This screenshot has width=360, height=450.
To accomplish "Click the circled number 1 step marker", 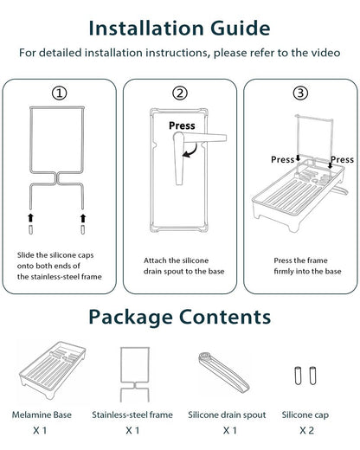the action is [x=59, y=93].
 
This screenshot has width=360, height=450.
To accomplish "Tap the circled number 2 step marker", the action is [x=180, y=93].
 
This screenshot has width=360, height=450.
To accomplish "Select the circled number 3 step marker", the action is [x=300, y=93].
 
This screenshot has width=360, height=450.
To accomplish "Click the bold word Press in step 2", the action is [x=182, y=125].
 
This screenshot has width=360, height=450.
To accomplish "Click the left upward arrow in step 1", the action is [x=30, y=218].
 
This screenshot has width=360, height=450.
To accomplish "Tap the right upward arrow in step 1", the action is [x=83, y=218].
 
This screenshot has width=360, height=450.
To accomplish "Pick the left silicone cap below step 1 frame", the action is [x=30, y=230].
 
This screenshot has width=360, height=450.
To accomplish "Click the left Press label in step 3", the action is [x=282, y=159].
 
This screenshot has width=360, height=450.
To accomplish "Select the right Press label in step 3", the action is [x=342, y=159].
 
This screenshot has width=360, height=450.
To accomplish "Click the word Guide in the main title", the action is [x=240, y=29].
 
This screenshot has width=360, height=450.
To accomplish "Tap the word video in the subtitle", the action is [x=325, y=53].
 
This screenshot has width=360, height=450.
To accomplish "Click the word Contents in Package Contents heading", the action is [x=225, y=317].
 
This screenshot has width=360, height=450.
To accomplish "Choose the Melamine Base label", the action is [x=42, y=415].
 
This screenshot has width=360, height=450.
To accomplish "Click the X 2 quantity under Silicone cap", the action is [x=306, y=430].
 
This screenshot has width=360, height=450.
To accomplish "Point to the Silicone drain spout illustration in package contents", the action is [x=224, y=371].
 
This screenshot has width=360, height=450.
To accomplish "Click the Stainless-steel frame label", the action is [x=132, y=415].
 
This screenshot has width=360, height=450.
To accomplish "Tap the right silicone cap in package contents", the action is [x=312, y=376].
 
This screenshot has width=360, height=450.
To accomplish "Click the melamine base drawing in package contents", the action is [x=53, y=370].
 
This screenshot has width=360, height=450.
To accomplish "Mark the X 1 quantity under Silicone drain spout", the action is [x=230, y=430].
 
